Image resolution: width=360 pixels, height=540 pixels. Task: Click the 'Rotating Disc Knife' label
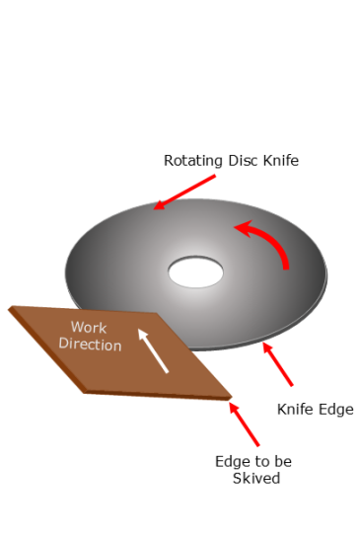click(231, 160)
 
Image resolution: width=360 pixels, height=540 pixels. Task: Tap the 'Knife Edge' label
click(315, 409)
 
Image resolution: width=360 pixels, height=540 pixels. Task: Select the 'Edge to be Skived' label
click(253, 469)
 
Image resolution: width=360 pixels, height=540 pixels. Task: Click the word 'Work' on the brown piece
click(88, 327)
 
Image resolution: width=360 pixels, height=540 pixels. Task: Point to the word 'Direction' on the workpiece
click(90, 345)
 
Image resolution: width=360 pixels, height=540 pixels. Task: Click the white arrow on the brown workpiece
click(153, 350)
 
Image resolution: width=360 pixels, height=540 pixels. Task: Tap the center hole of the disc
click(195, 271)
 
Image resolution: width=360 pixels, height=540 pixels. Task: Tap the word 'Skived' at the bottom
click(253, 479)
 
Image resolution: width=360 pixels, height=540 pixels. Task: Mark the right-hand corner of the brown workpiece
click(231, 398)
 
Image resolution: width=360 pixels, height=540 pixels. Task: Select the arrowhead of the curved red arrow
click(240, 229)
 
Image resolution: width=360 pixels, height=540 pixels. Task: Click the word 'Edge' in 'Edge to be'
click(230, 461)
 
